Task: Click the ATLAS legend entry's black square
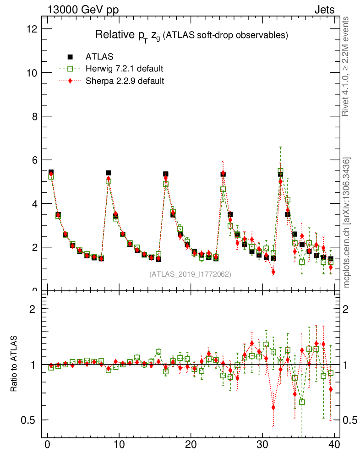[70, 57]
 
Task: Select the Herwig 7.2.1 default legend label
[125, 69]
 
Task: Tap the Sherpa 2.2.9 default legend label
[125, 81]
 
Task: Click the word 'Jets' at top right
[324, 10]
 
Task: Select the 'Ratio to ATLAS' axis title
[14, 365]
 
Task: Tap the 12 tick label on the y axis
[33, 29]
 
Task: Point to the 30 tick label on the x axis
[262, 445]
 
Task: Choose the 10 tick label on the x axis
[119, 445]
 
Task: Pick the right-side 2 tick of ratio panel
[349, 309]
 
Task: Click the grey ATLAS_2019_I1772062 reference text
[190, 274]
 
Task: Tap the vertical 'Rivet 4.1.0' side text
[346, 66]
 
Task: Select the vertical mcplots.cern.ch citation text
[347, 223]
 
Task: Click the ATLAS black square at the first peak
[51, 172]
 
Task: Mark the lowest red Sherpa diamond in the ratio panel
[273, 407]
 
